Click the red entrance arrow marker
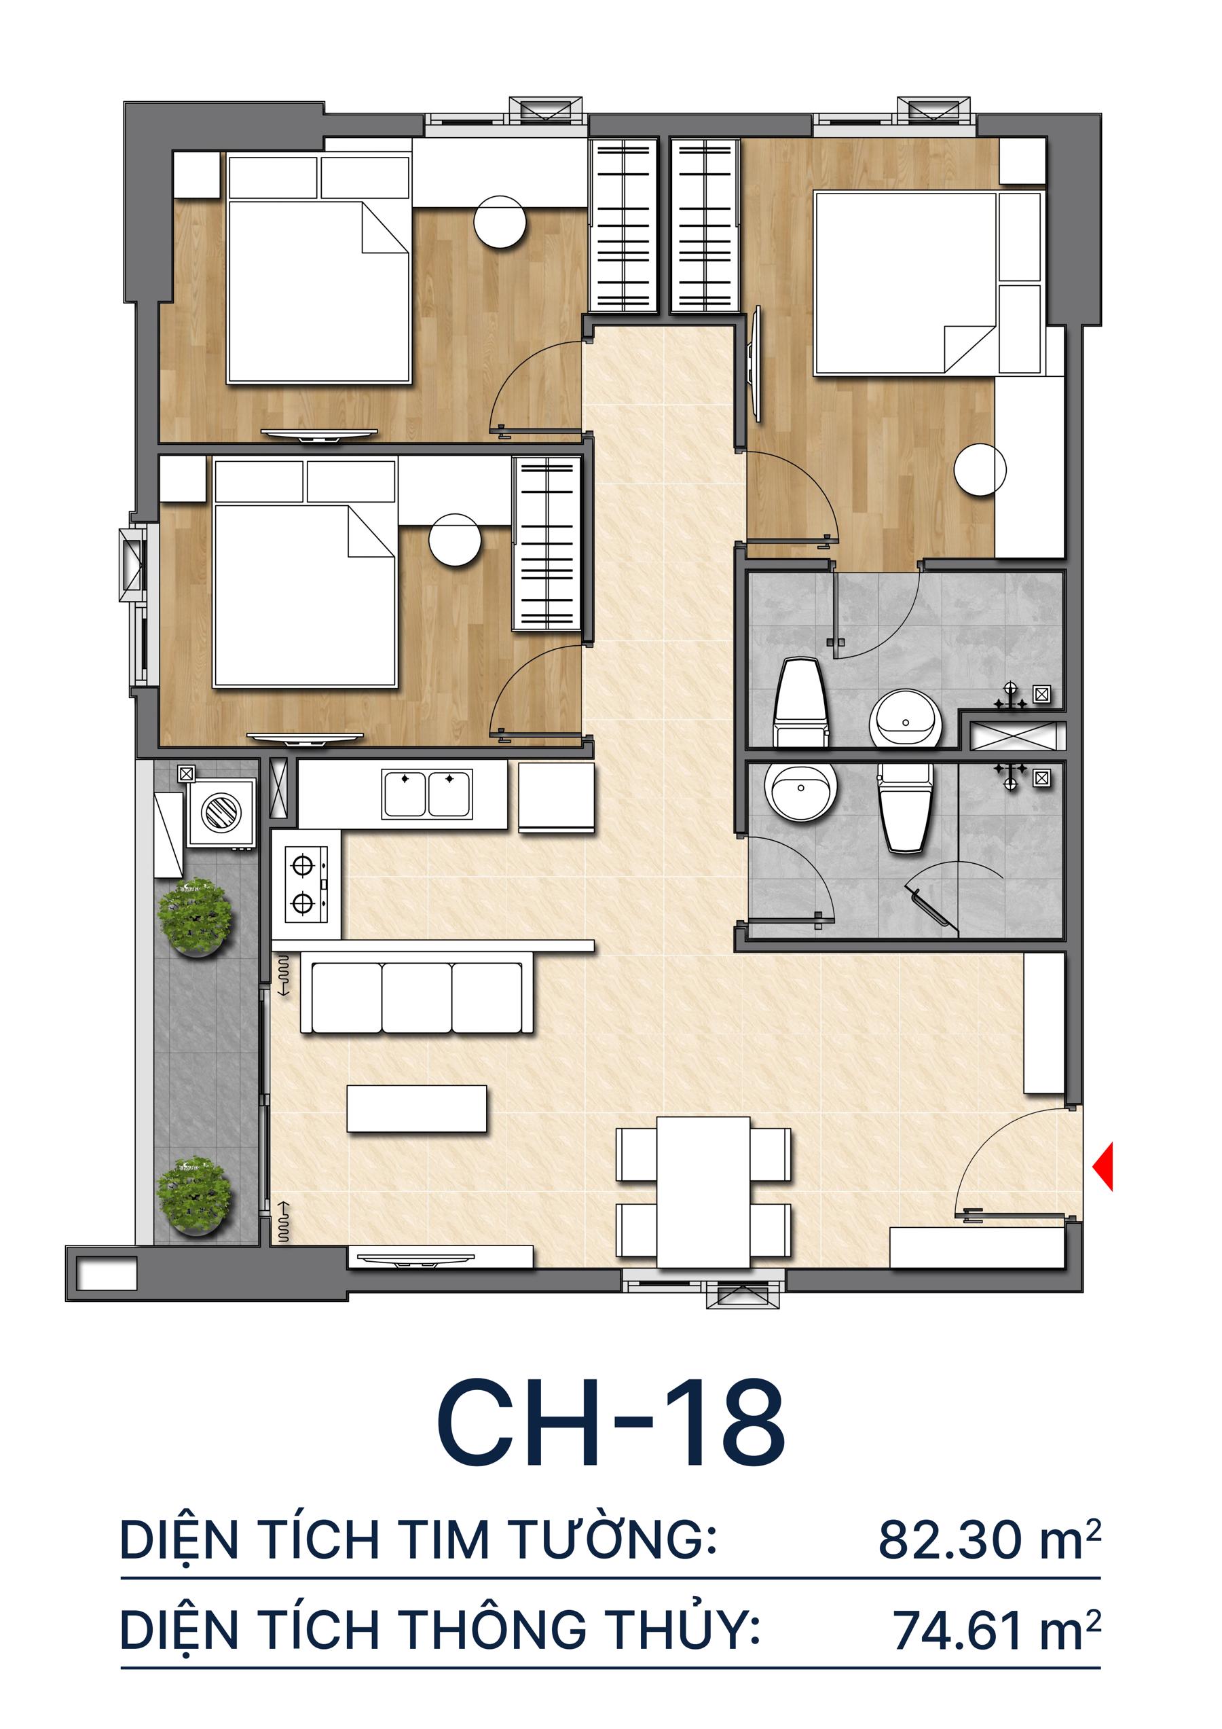pyautogui.click(x=1104, y=1167)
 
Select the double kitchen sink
pyautogui.click(x=427, y=794)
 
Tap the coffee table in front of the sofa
pyautogui.click(x=416, y=1108)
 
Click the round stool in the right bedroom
pyautogui.click(x=980, y=470)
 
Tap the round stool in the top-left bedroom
pyautogui.click(x=499, y=221)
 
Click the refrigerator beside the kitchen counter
pyautogui.click(x=555, y=797)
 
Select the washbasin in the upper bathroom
pyautogui.click(x=905, y=719)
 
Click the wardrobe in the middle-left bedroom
pyautogui.click(x=547, y=544)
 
